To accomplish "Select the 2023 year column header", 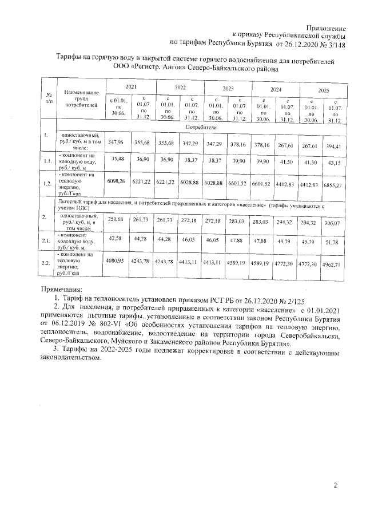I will [x=228, y=89].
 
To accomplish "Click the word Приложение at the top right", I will [x=327, y=28].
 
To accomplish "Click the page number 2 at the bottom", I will [x=335, y=485].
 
